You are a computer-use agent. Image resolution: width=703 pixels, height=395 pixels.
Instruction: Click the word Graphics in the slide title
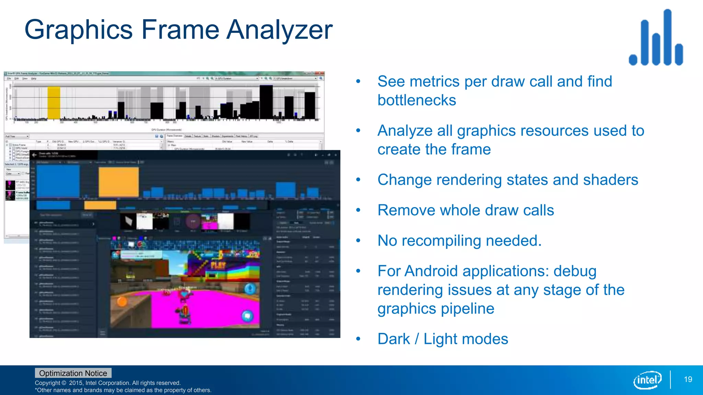(79, 30)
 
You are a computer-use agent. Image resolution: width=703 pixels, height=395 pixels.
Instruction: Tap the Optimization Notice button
(73, 373)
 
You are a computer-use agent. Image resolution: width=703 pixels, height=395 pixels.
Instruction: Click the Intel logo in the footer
(647, 380)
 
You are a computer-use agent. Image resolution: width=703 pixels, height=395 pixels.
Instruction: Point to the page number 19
(688, 379)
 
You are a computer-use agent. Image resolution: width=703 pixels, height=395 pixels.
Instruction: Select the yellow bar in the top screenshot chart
(54, 103)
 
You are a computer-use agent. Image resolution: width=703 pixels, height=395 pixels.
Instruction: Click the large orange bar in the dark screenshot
(119, 182)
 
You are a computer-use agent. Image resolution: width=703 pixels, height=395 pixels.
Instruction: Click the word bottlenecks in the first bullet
(417, 100)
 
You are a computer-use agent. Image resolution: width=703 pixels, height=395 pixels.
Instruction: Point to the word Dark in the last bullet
(394, 339)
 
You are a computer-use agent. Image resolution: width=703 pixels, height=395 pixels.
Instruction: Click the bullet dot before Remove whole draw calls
(358, 210)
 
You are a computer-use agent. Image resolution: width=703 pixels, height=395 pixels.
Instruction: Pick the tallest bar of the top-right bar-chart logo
(667, 37)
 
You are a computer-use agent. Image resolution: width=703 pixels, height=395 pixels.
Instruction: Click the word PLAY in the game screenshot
(218, 265)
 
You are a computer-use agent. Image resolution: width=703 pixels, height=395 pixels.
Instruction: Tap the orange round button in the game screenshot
(122, 302)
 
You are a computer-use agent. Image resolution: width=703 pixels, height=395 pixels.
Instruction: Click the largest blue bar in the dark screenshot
(58, 181)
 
